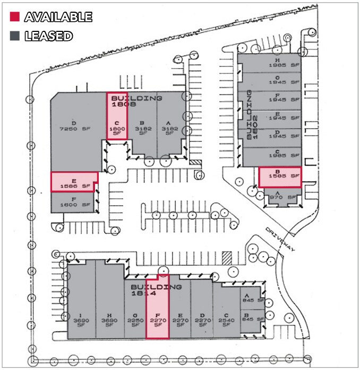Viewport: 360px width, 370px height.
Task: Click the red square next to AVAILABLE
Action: pos(15,17)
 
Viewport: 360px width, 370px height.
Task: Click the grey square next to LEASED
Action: pos(15,36)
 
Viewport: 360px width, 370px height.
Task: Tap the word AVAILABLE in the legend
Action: pos(58,17)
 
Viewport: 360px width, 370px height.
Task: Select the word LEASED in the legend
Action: pos(48,36)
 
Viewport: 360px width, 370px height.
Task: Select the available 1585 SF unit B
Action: pos(280,176)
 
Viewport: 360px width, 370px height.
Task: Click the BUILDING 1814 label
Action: pos(156,290)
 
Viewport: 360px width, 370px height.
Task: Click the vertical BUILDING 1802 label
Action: pos(252,114)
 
